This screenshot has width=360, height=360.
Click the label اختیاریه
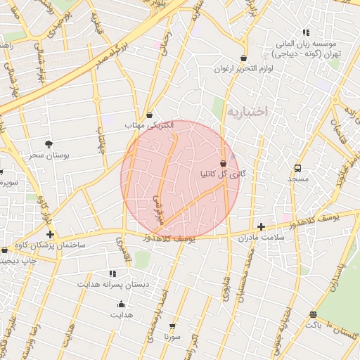[x=248, y=111]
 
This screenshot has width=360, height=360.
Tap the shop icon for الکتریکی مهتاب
[x=150, y=115]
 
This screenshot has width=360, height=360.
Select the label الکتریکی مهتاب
[x=149, y=125]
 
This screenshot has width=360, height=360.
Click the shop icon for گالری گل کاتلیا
[x=224, y=162]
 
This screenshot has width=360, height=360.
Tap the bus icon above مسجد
[x=297, y=169]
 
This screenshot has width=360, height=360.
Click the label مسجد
[x=297, y=179]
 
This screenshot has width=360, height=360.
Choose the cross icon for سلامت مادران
[x=261, y=226]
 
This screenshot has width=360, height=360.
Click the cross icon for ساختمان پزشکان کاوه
[x=49, y=234]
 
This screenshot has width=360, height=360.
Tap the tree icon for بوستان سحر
[x=49, y=143]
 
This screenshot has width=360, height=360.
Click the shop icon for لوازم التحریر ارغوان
[x=243, y=58]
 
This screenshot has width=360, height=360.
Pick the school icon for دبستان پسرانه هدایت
[x=113, y=273]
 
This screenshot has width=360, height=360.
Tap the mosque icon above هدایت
[x=121, y=304]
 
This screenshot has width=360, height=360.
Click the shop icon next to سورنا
[x=172, y=326]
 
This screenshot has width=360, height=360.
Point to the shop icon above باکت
[x=313, y=314]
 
